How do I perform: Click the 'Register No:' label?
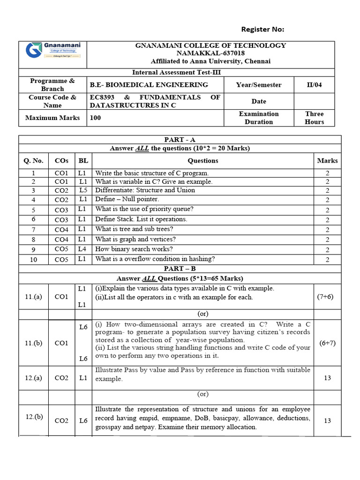click(262, 30)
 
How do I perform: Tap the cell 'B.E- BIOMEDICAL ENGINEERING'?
click(149, 85)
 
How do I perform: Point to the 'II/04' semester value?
click(314, 85)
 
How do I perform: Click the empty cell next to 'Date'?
click(314, 101)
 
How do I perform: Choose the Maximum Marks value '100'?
click(95, 118)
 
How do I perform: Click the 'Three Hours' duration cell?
click(314, 118)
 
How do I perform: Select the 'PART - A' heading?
click(180, 140)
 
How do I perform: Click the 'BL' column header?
click(83, 160)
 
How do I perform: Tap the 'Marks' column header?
click(327, 160)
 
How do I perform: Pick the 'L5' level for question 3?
click(83, 190)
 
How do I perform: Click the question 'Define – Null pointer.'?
click(127, 200)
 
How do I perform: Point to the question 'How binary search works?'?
click(134, 249)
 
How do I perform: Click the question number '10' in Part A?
click(33, 259)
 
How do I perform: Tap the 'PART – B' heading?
click(180, 269)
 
